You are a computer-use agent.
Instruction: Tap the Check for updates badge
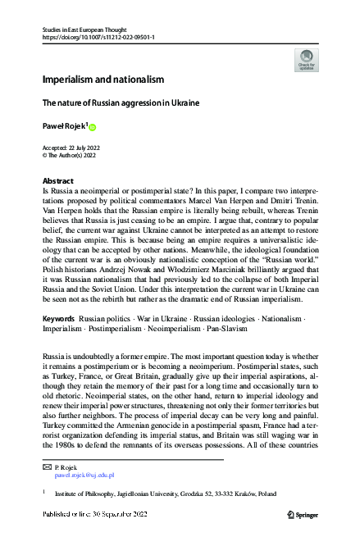pos(306,61)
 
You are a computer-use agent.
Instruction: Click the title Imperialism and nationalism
pos(103,80)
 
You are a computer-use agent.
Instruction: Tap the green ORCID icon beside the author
pos(93,127)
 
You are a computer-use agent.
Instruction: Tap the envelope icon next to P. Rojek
pos(47,466)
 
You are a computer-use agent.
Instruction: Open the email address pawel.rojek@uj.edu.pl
pos(84,475)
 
